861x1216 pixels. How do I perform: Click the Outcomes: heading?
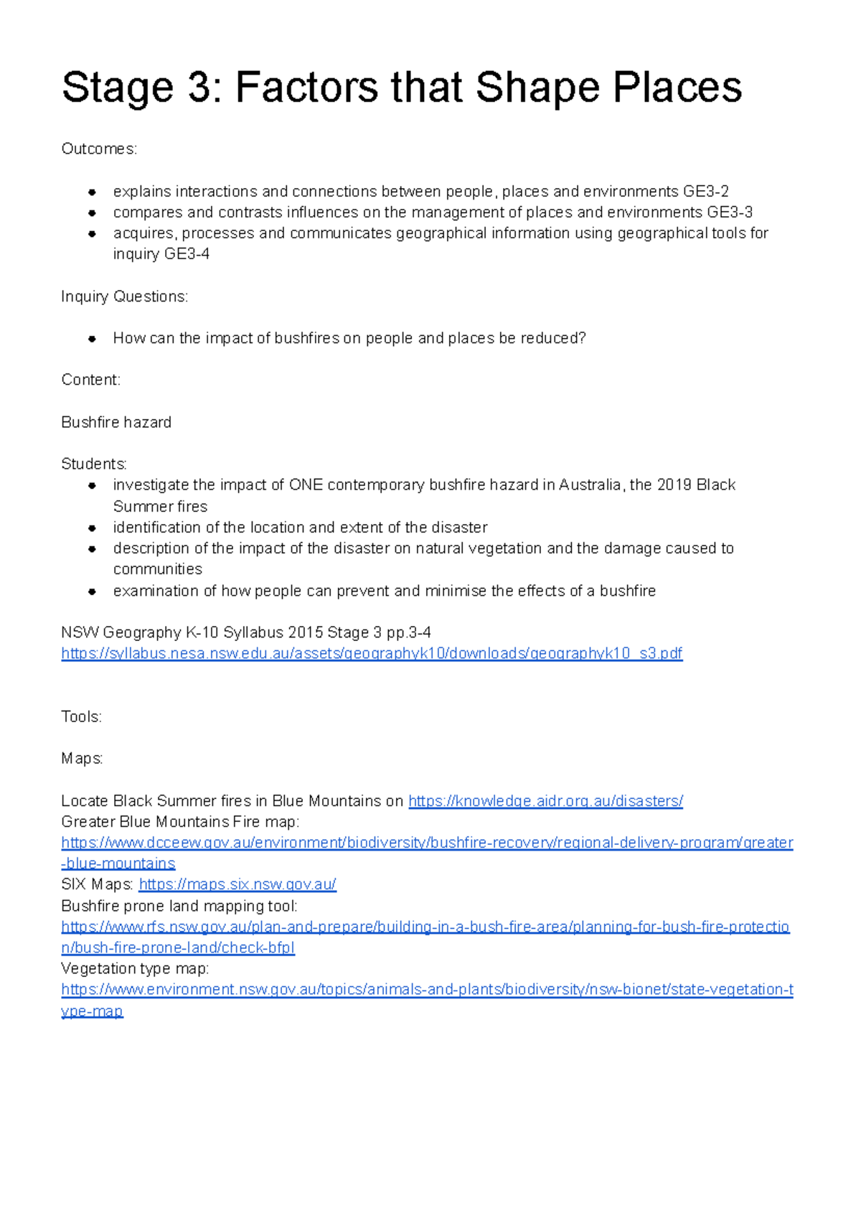coord(99,149)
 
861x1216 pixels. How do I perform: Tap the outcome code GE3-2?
coord(705,192)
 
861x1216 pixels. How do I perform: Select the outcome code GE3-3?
coord(729,212)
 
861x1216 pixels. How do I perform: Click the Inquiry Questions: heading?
coord(124,296)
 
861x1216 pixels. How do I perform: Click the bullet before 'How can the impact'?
coord(92,339)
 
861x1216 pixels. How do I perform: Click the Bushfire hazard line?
coord(116,422)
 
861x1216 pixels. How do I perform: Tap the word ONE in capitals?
coord(306,485)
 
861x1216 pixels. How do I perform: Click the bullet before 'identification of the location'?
coord(92,528)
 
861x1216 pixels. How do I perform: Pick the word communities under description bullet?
coord(158,569)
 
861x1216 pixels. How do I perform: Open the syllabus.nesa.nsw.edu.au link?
coord(372,653)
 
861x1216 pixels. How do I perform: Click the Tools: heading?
coord(81,716)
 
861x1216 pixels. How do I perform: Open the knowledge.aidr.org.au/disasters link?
coord(545,801)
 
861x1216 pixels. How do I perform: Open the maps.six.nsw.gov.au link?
coord(237,885)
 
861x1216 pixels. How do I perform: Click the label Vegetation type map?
coord(135,969)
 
